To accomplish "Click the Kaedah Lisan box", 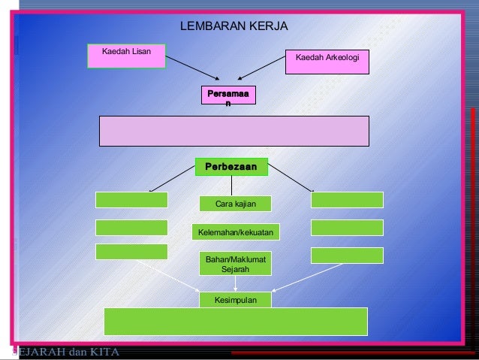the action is (x=126, y=56).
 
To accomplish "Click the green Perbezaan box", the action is (x=230, y=166).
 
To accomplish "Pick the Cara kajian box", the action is (x=235, y=204).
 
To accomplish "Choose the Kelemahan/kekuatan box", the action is (x=235, y=233).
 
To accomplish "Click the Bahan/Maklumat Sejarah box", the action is (x=235, y=263).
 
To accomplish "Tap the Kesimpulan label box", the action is (x=235, y=300).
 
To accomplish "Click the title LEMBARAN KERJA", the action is (x=235, y=27).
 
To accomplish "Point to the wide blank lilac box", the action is (x=234, y=131).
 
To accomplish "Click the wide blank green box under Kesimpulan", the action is (x=235, y=322).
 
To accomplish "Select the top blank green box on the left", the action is (x=131, y=200).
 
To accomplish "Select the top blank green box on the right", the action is (x=347, y=200).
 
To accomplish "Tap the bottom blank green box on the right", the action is (x=347, y=256).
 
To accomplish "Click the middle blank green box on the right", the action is (x=347, y=228).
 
